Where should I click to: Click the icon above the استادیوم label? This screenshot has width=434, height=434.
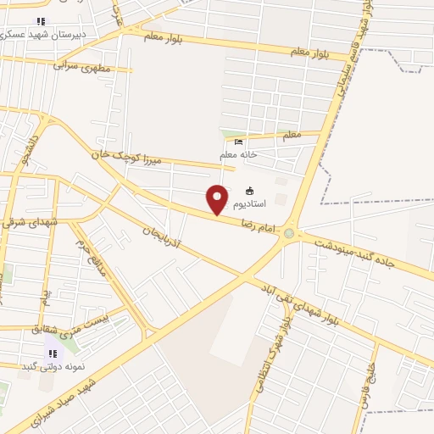point(249,191)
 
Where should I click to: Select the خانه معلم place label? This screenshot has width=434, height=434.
point(238,154)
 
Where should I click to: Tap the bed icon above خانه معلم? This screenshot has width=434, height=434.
point(238,142)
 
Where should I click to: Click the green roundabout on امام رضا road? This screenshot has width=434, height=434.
point(290,233)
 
